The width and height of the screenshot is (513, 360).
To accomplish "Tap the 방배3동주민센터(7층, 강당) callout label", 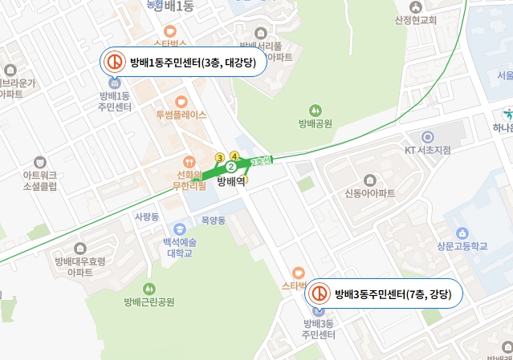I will pyautogui.click(x=393, y=293).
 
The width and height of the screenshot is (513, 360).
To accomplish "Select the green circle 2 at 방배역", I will pyautogui.click(x=230, y=167).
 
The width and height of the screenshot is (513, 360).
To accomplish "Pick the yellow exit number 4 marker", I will pyautogui.click(x=234, y=155).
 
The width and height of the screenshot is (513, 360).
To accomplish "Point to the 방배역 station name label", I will pyautogui.click(x=230, y=182).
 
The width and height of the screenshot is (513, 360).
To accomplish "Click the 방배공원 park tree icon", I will pyautogui.click(x=316, y=110).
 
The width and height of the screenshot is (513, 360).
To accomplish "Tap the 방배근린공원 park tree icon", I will pyautogui.click(x=149, y=288).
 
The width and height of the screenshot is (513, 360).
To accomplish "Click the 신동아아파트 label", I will pyautogui.click(x=370, y=193).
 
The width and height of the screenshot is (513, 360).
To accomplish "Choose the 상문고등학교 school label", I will pyautogui.click(x=462, y=246).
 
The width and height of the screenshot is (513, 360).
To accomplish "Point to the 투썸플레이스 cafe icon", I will pyautogui.click(x=181, y=102).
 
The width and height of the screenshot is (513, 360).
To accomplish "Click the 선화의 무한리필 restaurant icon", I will pyautogui.click(x=189, y=160).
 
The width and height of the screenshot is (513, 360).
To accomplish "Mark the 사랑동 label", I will pyautogui.click(x=147, y=216).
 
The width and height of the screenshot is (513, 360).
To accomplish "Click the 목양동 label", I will pyautogui.click(x=214, y=219).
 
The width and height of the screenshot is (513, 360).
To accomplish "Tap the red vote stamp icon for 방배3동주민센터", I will pyautogui.click(x=320, y=293).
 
